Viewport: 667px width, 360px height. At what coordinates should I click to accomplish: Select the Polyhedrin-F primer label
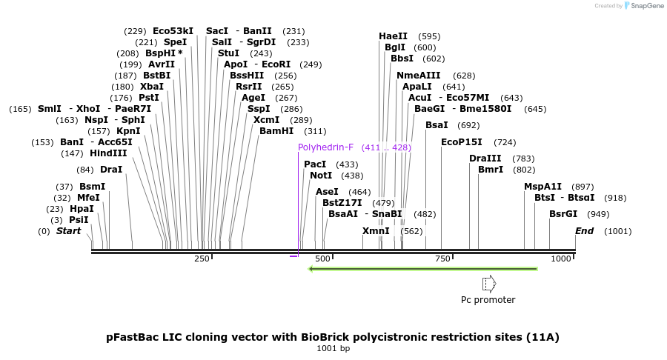point(328,147)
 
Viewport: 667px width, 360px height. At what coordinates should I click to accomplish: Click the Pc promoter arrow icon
point(488,284)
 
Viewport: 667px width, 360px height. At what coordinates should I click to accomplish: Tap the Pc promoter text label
point(488,300)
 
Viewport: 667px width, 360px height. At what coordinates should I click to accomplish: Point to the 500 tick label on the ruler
point(322,259)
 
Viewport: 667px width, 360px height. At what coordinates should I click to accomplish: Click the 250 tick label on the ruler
point(202,259)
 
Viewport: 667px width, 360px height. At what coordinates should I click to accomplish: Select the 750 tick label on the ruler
point(442,259)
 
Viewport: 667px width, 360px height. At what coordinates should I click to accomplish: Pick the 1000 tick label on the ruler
point(561,259)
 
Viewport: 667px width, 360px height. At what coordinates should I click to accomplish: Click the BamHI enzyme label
point(277,130)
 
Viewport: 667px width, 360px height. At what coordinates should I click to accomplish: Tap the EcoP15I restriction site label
point(462,142)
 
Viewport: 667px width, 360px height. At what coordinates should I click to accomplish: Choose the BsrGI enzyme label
point(563,214)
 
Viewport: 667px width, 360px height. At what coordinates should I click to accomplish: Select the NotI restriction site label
point(321,176)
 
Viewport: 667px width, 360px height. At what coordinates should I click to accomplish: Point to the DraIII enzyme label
point(485,159)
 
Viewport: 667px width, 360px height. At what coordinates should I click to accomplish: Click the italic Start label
point(69,231)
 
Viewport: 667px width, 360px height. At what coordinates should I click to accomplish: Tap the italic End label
point(585,231)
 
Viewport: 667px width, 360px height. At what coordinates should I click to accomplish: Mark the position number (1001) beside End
point(618,231)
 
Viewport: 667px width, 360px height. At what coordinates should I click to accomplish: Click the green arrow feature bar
point(422,268)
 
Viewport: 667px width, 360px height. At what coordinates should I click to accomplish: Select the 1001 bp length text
point(333,348)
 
